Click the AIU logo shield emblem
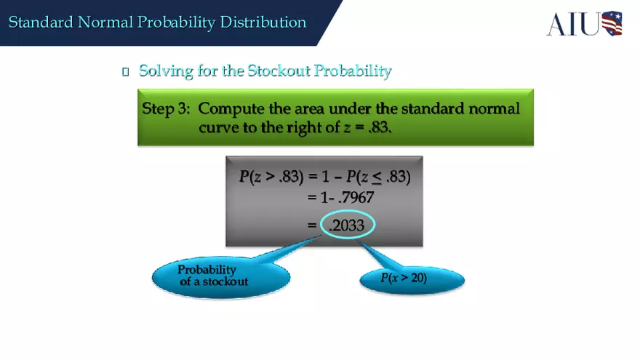(x=612, y=23)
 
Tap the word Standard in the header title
(x=40, y=23)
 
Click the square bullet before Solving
(x=126, y=71)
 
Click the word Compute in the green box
(x=231, y=109)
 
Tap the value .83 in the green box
(x=378, y=127)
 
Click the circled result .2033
(x=347, y=226)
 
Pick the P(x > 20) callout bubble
(x=404, y=279)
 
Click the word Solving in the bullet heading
(x=165, y=71)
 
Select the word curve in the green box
(x=219, y=127)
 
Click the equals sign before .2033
(x=313, y=226)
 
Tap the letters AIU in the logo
(x=575, y=23)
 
